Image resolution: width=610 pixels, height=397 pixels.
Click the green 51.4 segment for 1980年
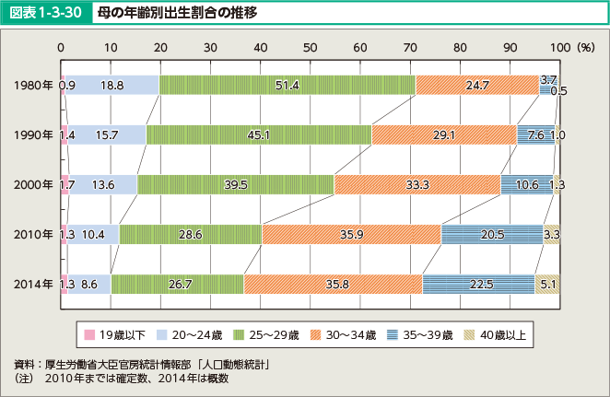[x=287, y=86]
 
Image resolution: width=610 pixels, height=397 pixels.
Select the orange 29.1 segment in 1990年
[x=443, y=135]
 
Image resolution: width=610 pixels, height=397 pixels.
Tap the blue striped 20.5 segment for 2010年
[x=492, y=235]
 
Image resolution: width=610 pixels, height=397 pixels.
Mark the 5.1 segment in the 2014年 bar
[x=547, y=285]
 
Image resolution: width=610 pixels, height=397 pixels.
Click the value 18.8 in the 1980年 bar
[x=112, y=86]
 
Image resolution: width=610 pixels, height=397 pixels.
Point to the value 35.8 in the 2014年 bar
[x=333, y=285]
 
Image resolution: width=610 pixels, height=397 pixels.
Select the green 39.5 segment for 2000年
[x=236, y=185]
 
